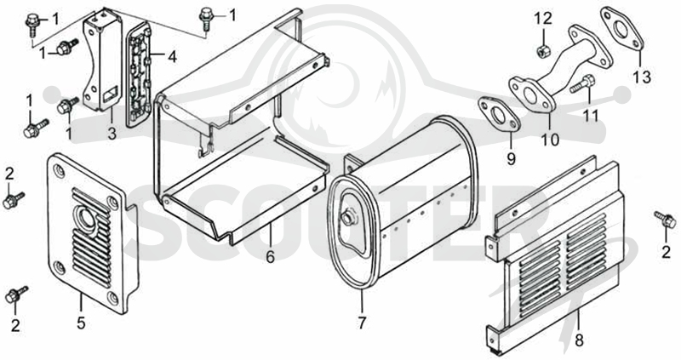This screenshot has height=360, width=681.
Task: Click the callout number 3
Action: click(x=112, y=133)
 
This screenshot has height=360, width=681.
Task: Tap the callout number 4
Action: click(x=173, y=56)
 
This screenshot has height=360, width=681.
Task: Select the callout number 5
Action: click(x=81, y=323)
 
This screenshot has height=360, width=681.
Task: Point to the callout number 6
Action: click(x=270, y=257)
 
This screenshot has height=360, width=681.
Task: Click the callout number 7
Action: click(x=363, y=323)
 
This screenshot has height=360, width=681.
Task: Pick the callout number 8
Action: click(x=579, y=340)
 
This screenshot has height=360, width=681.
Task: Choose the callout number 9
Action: click(x=512, y=158)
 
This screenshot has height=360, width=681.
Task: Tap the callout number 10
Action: click(x=550, y=140)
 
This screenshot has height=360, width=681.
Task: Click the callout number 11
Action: click(x=591, y=116)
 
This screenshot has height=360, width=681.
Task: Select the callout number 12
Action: click(x=543, y=18)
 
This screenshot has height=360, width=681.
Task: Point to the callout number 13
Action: click(x=642, y=77)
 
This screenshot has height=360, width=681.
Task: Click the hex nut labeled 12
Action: click(x=542, y=52)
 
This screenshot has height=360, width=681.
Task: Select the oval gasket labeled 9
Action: click(x=499, y=115)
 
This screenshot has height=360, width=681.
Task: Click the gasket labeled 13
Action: click(x=622, y=28)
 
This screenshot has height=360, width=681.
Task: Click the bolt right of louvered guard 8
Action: click(x=665, y=220)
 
